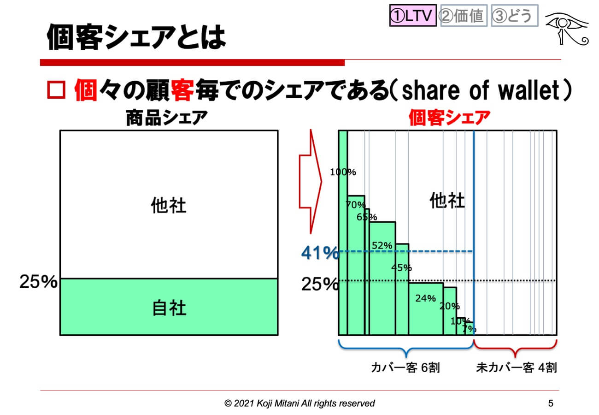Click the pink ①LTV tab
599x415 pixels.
[412, 16]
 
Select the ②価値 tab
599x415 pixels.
[463, 16]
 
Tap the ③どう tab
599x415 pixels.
[514, 16]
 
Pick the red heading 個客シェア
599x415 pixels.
[448, 119]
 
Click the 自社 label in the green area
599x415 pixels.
[169, 308]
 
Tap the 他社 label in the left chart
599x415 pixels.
[169, 206]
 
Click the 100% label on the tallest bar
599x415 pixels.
[343, 172]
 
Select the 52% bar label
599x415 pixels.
[382, 246]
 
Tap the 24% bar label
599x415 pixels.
[425, 298]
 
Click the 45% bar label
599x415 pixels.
[401, 267]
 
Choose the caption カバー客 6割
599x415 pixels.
[405, 368]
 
